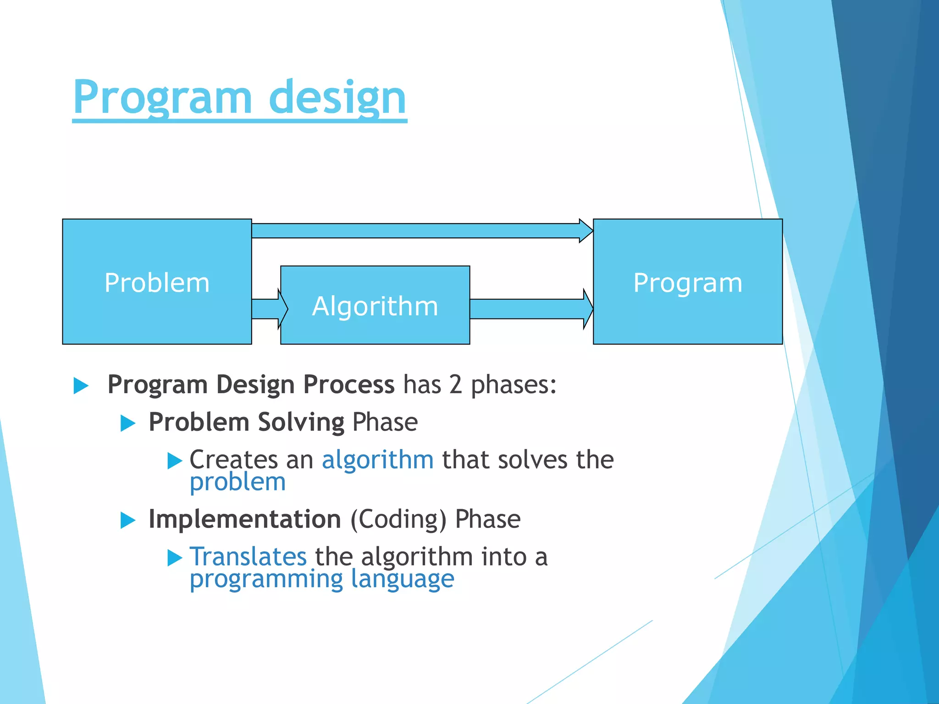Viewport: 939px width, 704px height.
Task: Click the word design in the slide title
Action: tap(338, 98)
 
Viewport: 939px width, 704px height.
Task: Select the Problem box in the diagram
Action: tap(157, 281)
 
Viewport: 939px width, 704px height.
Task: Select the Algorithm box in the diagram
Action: tap(375, 305)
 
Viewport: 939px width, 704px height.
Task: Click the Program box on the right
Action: tap(688, 281)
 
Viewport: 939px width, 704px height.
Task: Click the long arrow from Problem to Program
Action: tap(422, 231)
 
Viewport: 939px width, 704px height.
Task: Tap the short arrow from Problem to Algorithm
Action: tap(270, 309)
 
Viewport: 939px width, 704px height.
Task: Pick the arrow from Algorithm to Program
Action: tap(532, 309)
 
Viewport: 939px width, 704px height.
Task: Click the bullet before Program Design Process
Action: tap(81, 386)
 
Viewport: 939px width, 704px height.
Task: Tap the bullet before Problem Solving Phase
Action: tap(128, 423)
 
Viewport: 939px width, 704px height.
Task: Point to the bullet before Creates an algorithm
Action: tap(175, 461)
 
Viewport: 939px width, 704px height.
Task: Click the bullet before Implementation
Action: tap(128, 521)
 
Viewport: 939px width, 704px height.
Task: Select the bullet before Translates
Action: tap(175, 558)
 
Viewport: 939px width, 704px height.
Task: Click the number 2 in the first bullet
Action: tap(456, 385)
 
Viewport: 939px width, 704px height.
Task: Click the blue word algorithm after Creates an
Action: tap(378, 460)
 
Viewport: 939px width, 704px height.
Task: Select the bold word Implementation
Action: tap(245, 520)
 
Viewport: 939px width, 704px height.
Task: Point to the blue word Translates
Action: tap(248, 557)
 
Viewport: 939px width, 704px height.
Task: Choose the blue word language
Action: tap(403, 580)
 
